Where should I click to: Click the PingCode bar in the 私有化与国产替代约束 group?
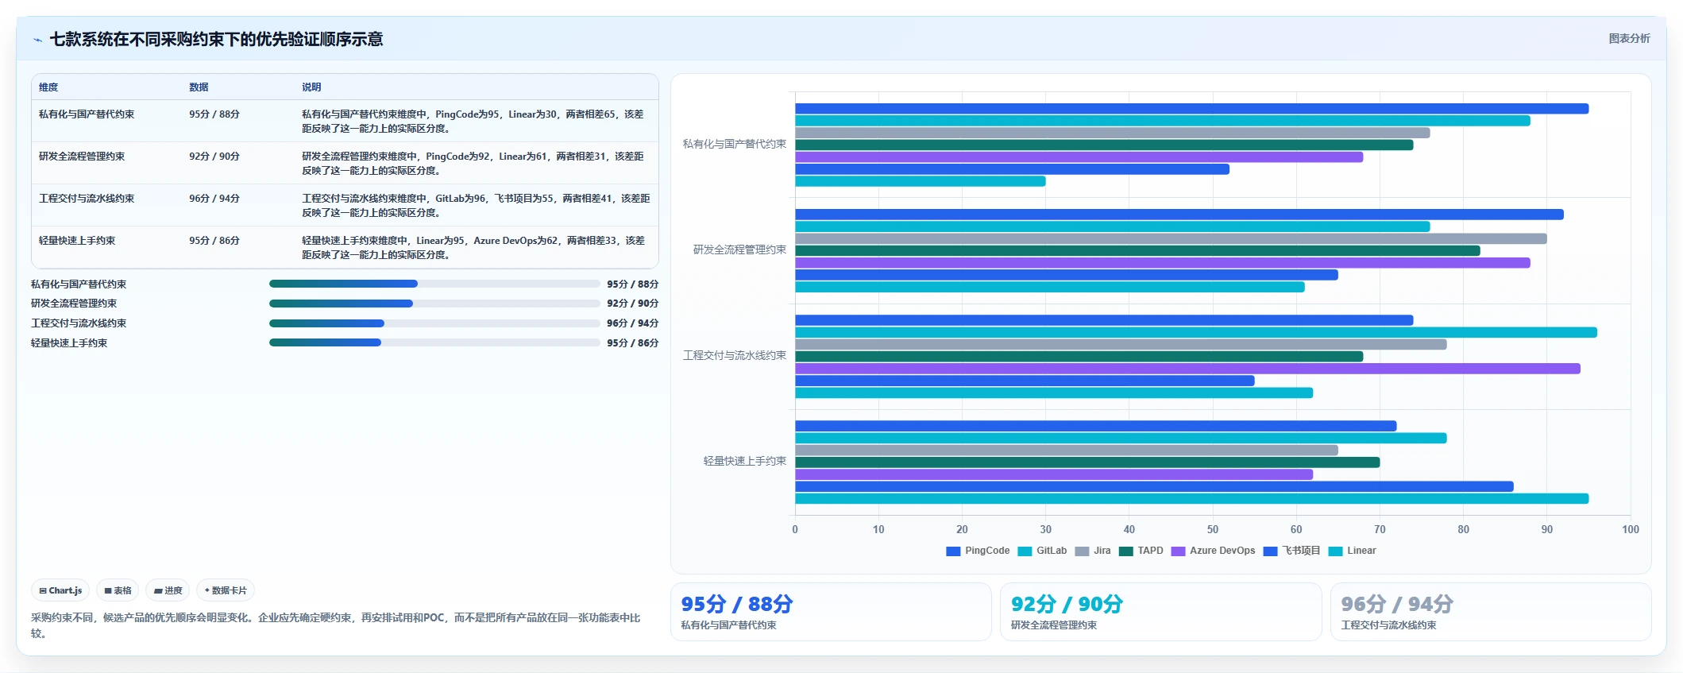coord(1191,109)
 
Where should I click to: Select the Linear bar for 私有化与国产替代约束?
coord(920,181)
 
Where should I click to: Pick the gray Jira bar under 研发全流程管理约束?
coord(1171,238)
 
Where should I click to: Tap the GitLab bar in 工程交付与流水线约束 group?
coord(1196,332)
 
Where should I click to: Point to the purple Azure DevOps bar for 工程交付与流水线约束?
coord(1187,369)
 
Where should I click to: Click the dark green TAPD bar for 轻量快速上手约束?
coord(1087,462)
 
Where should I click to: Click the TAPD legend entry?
coord(1141,551)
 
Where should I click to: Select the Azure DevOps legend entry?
coord(1214,551)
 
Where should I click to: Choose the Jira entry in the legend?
coord(1093,551)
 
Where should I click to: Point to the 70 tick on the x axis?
coord(1380,529)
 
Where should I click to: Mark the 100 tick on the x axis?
coord(1631,529)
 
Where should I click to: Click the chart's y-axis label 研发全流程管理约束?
coord(739,249)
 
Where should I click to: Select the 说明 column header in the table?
coord(311,87)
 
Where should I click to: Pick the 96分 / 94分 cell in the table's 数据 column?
coord(214,199)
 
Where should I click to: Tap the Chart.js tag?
coord(60,590)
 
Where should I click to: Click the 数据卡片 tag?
coord(226,590)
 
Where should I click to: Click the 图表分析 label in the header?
coord(1629,38)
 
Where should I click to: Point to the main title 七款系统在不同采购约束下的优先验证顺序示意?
coord(216,39)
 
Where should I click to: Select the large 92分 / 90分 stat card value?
coord(1067,604)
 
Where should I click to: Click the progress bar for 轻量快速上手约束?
coord(434,342)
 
